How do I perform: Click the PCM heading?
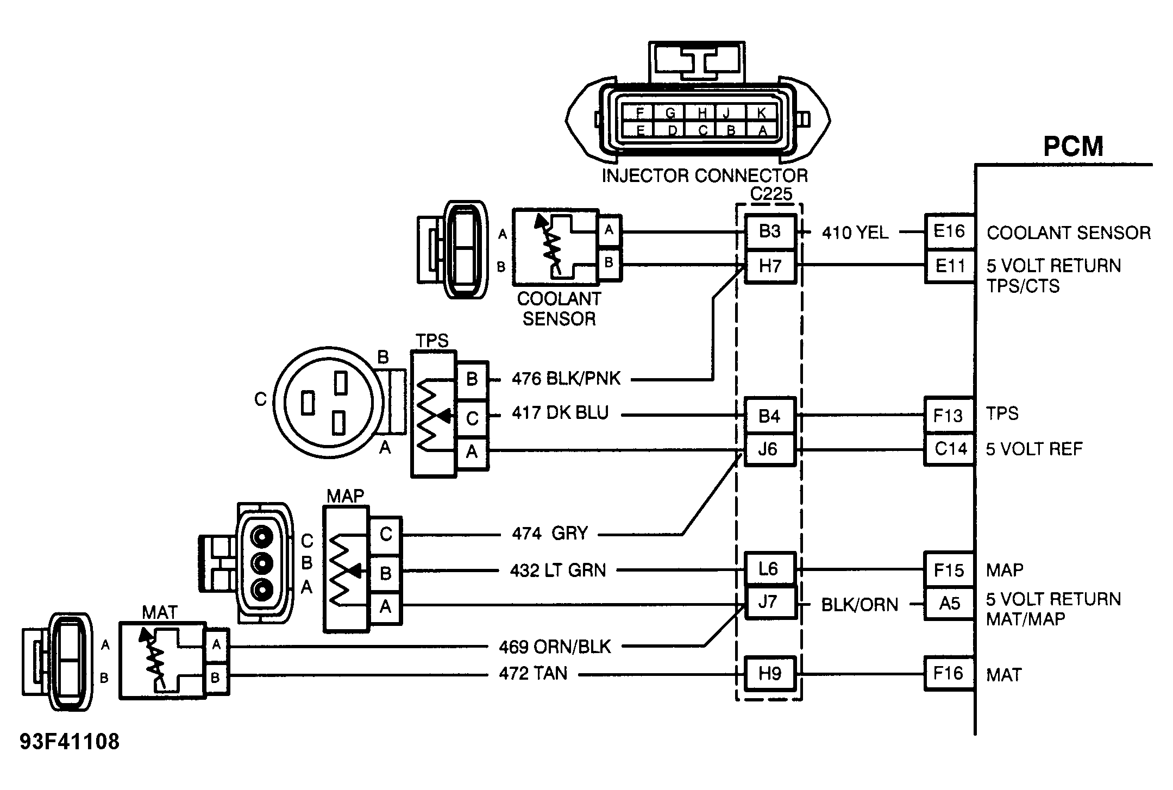[x=1073, y=146]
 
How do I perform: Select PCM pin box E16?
[x=949, y=231]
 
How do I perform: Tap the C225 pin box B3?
[x=770, y=231]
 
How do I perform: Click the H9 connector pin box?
[x=770, y=674]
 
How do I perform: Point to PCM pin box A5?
[x=949, y=604]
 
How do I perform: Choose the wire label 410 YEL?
[x=855, y=233]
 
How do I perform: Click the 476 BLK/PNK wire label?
[x=566, y=379]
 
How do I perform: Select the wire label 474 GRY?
[x=550, y=534]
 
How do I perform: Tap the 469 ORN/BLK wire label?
[x=555, y=647]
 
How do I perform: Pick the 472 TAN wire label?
[x=533, y=674]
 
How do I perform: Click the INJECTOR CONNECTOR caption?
[x=705, y=175]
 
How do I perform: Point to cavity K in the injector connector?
[x=762, y=113]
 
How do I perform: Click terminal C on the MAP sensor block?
[x=386, y=535]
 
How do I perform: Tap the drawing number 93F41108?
[x=70, y=741]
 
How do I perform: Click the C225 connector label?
[x=771, y=194]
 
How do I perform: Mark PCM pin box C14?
[x=950, y=449]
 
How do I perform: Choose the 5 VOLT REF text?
[x=1034, y=449]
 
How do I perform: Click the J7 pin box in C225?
[x=768, y=603]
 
